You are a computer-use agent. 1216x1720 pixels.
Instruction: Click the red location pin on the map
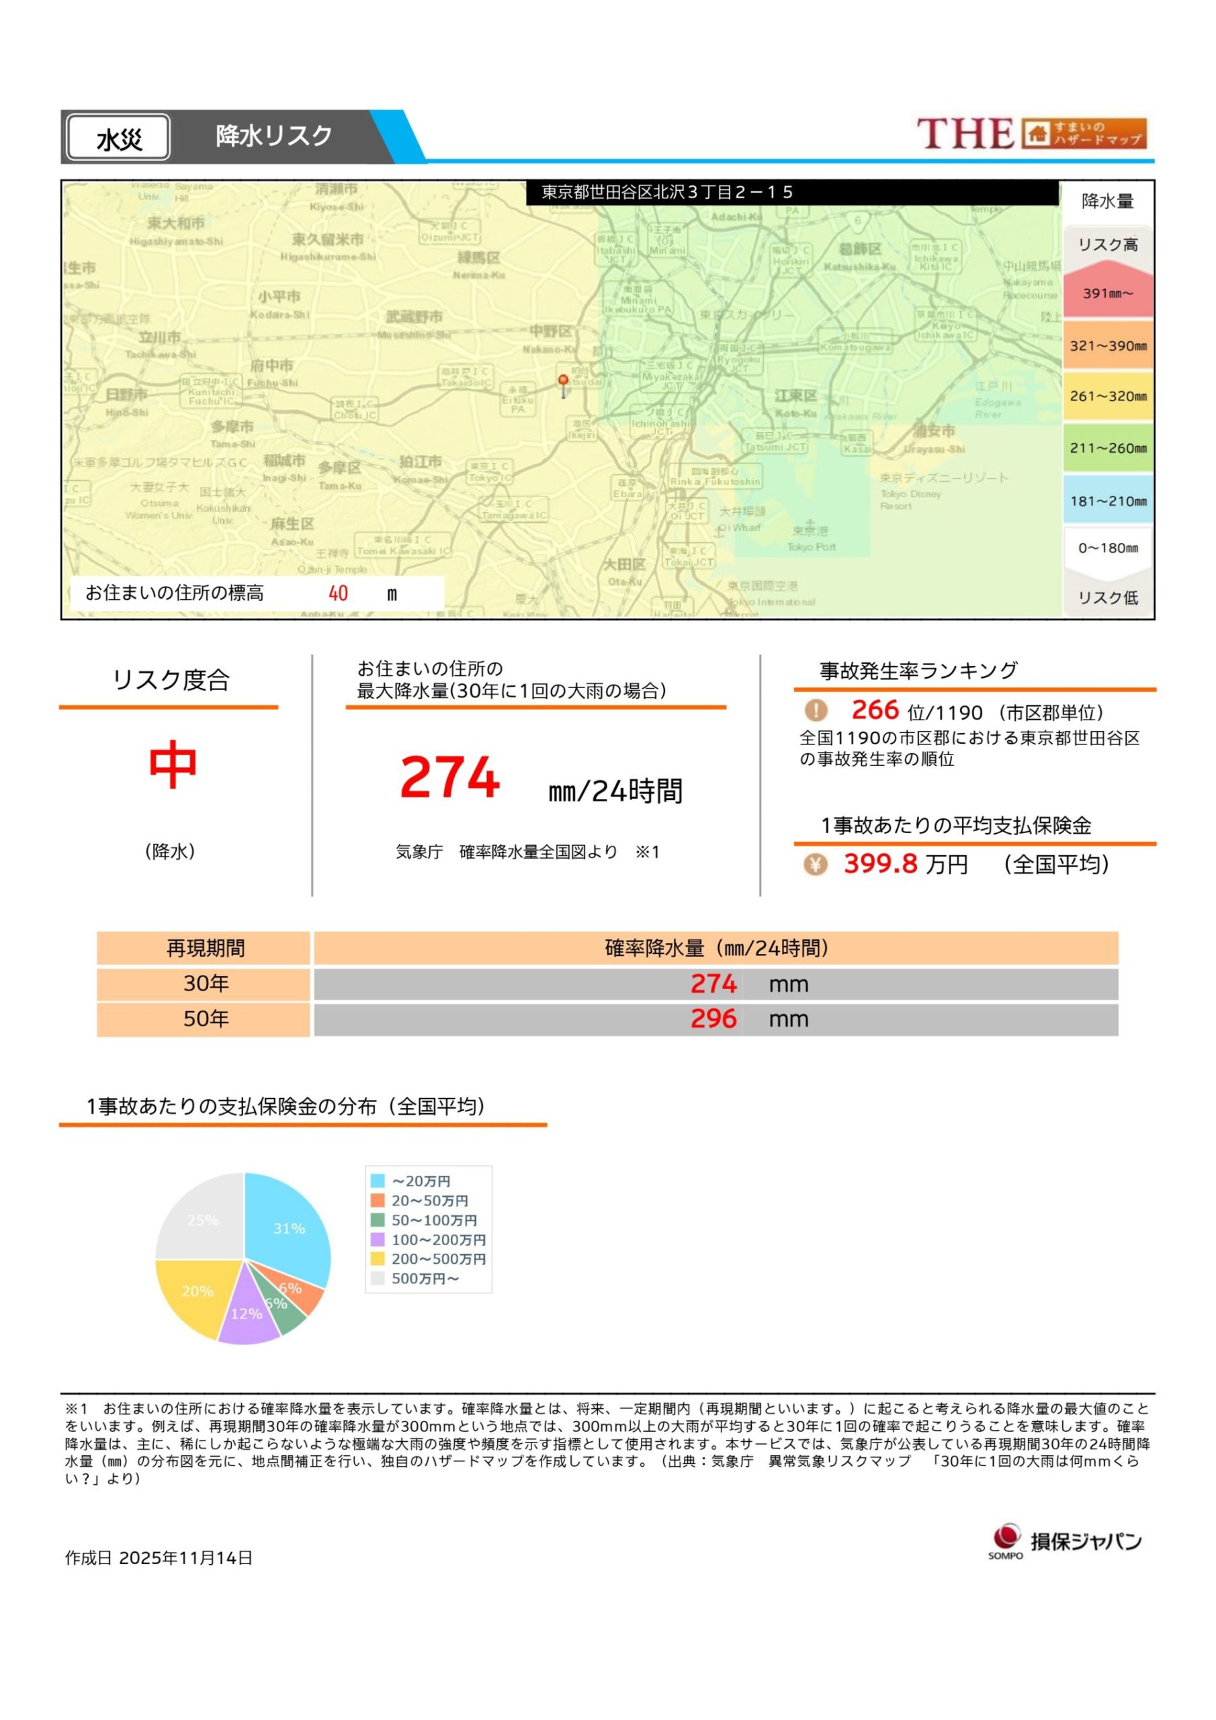(x=563, y=383)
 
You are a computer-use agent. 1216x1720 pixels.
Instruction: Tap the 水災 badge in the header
(x=118, y=138)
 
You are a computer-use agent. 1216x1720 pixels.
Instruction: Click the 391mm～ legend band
(x=1107, y=292)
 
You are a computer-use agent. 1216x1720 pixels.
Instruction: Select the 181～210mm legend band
(x=1107, y=501)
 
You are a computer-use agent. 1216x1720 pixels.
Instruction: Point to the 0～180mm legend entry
(x=1107, y=548)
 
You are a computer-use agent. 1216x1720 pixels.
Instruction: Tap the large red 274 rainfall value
(x=449, y=777)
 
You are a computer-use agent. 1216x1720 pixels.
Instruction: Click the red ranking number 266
(x=874, y=709)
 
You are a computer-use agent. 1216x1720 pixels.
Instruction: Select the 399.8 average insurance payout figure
(x=880, y=864)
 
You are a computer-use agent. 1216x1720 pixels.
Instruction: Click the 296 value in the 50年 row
(x=713, y=1019)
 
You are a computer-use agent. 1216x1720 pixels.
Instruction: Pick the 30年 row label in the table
(x=206, y=984)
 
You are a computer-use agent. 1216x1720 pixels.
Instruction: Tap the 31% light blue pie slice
(x=288, y=1230)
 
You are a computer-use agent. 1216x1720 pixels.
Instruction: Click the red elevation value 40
(x=338, y=593)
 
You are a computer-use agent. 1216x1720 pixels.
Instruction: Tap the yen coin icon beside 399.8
(x=815, y=865)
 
